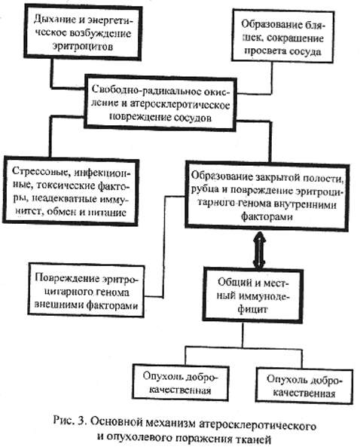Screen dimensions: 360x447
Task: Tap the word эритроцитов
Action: coord(83,46)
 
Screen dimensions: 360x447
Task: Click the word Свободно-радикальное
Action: coord(148,90)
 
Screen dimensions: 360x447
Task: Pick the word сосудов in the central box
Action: coord(193,118)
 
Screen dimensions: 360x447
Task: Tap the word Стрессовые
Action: coord(41,171)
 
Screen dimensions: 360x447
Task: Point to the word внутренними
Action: coord(304,204)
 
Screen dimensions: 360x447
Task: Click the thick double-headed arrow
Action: coord(259,250)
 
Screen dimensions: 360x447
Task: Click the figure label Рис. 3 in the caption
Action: coord(70,421)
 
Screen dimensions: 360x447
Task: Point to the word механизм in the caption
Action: coord(171,423)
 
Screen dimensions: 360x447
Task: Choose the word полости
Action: coord(322,178)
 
